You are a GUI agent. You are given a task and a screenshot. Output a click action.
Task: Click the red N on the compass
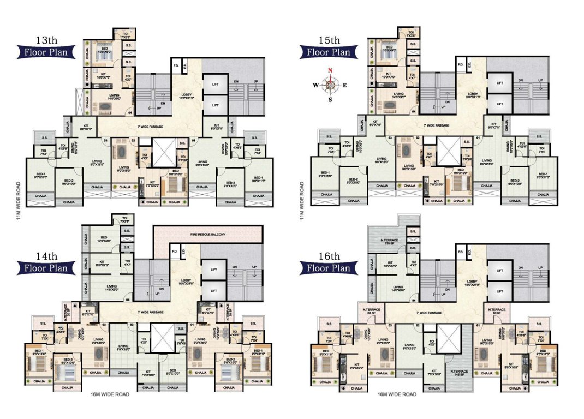pos(330,70)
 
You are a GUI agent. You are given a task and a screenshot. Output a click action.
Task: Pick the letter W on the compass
pos(316,85)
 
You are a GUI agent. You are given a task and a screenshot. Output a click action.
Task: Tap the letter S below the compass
pos(330,99)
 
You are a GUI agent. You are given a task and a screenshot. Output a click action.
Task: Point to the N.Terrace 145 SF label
pos(457,376)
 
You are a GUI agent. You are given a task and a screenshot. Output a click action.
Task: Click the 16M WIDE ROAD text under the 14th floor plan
pos(110,394)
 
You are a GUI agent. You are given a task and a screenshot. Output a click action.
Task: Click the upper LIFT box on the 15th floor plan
pos(500,83)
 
